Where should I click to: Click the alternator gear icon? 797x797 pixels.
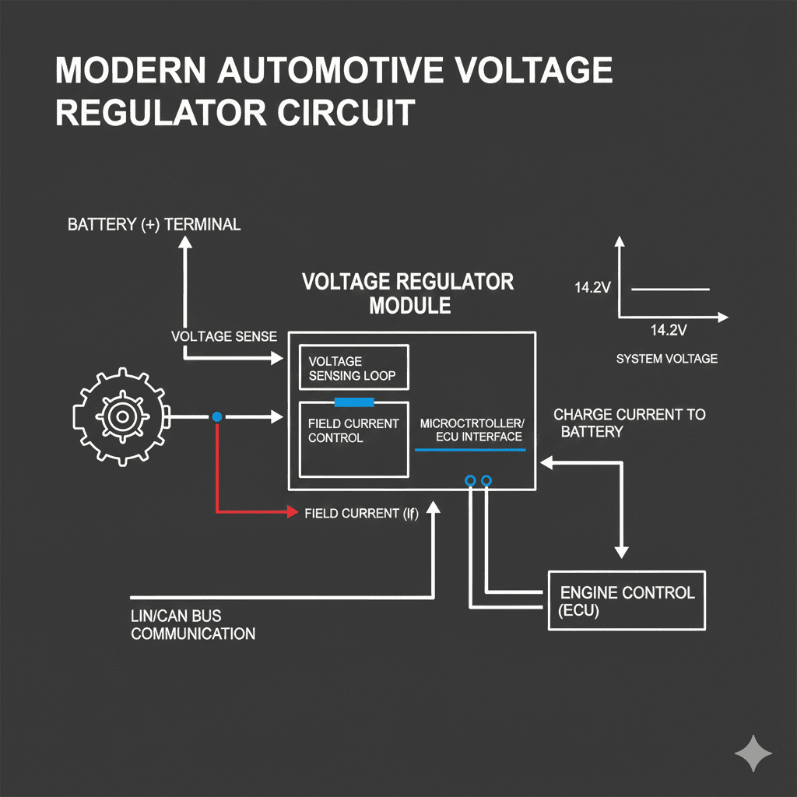[119, 418]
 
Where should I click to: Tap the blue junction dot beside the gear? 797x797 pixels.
[217, 417]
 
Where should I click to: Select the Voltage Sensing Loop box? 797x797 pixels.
[353, 368]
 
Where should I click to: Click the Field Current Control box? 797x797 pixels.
[354, 440]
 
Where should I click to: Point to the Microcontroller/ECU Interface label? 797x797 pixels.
[472, 430]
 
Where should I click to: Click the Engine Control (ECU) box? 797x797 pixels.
[627, 600]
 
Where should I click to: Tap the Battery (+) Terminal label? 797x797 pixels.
[154, 225]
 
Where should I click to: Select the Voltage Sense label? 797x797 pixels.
[224, 336]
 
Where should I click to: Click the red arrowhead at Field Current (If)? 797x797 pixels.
[293, 512]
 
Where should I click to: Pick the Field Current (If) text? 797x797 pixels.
[361, 513]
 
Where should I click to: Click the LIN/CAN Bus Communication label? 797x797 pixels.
[192, 625]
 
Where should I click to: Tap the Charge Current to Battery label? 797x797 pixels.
[629, 422]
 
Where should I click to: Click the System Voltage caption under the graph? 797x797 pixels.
[666, 359]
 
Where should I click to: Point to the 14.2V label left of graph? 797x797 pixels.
[592, 288]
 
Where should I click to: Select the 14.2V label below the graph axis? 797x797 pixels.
[668, 330]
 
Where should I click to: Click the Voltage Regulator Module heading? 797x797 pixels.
[409, 293]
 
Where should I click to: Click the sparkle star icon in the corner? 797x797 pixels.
[753, 753]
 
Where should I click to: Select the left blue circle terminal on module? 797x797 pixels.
[470, 481]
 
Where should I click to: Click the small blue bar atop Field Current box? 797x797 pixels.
[354, 402]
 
